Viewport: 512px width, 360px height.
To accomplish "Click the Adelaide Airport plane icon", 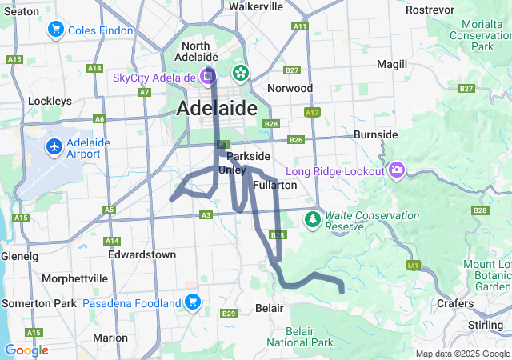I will [54, 147].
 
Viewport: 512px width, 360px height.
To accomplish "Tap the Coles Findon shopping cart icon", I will [55, 30].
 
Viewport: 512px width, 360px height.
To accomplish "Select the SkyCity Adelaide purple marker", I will [208, 77].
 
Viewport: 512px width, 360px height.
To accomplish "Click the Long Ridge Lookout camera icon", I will [397, 170].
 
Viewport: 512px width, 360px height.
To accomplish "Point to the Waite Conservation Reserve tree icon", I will [313, 219].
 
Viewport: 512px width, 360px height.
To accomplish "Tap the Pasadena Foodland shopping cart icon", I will [192, 302].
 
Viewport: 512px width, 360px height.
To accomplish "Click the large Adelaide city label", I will [217, 108].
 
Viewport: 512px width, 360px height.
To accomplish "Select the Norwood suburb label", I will [290, 87].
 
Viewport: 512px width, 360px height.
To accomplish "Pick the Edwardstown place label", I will [142, 254].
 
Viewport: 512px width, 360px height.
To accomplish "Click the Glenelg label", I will [19, 256].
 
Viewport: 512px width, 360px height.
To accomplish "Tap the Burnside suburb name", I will [375, 134].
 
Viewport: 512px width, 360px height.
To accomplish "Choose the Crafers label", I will [455, 304].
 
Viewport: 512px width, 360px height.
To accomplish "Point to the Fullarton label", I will [274, 185].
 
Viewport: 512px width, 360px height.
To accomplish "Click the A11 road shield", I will [300, 26].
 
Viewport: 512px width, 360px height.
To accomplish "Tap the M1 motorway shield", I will [414, 265].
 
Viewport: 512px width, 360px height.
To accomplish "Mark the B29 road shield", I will [229, 313].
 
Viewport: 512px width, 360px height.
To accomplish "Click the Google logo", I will [26, 350].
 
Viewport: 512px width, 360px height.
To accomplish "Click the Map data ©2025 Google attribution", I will [462, 354].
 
